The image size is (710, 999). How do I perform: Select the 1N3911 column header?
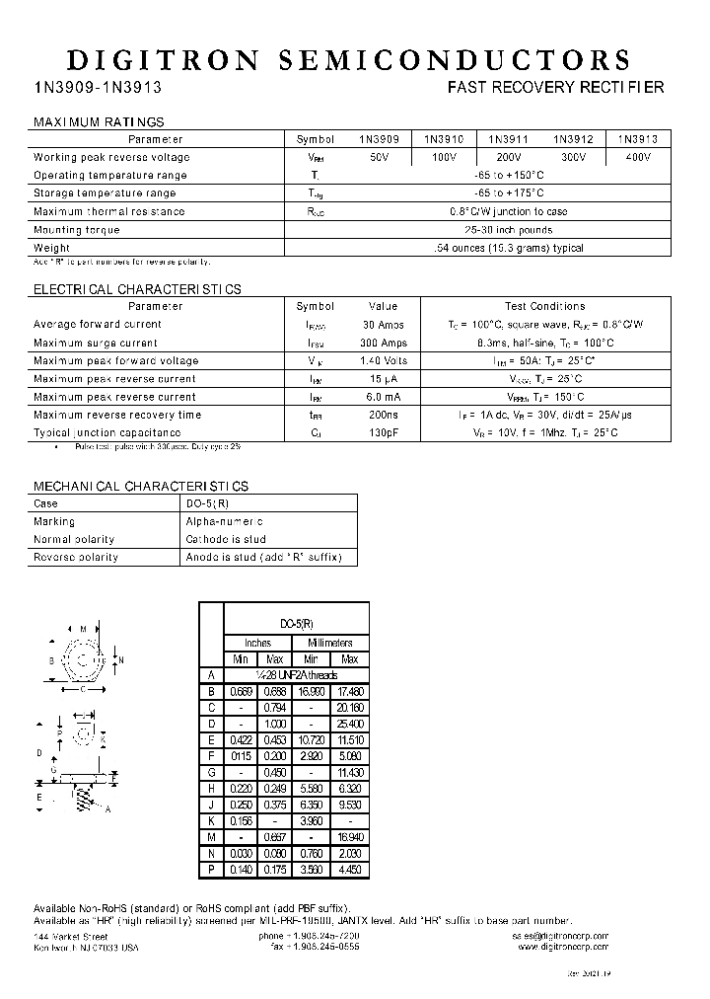pyautogui.click(x=508, y=140)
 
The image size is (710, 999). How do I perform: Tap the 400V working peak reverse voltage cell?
pyautogui.click(x=638, y=158)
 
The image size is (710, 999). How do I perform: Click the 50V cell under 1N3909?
pyautogui.click(x=380, y=158)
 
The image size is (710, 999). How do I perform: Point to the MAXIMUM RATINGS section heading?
pyautogui.click(x=99, y=122)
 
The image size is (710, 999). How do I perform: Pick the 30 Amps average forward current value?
pyautogui.click(x=383, y=325)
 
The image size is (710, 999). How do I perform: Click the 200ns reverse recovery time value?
pyautogui.click(x=383, y=416)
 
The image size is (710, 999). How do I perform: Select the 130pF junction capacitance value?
pyautogui.click(x=383, y=433)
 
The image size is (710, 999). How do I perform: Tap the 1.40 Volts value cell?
pyautogui.click(x=383, y=361)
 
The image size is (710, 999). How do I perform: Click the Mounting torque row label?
pyautogui.click(x=76, y=230)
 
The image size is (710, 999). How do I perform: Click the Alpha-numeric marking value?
pyautogui.click(x=225, y=521)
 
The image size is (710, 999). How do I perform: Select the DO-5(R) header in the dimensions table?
pyautogui.click(x=297, y=624)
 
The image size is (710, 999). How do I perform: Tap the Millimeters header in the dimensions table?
pyautogui.click(x=330, y=643)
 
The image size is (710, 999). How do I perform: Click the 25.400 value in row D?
pyautogui.click(x=349, y=724)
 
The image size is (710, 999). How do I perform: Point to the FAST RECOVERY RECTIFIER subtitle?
pyautogui.click(x=555, y=88)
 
